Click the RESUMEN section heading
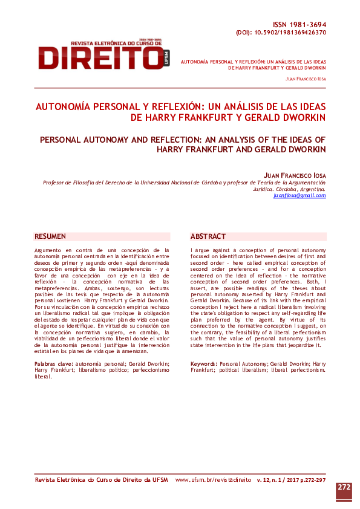click(x=50, y=236)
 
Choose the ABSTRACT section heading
click(x=208, y=236)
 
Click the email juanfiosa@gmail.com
click(x=299, y=195)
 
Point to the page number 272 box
click(x=344, y=487)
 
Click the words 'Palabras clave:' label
click(x=54, y=364)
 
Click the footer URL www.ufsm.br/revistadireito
click(x=213, y=479)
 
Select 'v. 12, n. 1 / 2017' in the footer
click(x=276, y=479)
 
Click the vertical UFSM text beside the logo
click(x=168, y=57)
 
